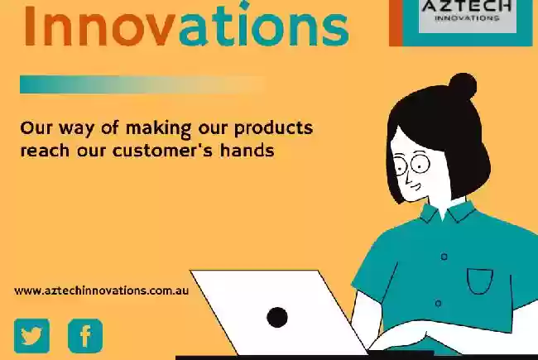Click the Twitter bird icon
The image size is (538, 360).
click(x=32, y=336)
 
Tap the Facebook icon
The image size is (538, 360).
click(x=85, y=336)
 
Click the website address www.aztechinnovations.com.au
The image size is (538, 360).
click(x=102, y=290)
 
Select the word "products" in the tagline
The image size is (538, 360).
click(x=273, y=129)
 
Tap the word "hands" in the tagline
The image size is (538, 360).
click(x=247, y=150)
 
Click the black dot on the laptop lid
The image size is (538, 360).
click(x=277, y=318)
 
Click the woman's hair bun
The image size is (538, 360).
click(x=463, y=86)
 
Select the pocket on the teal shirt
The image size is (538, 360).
click(x=480, y=281)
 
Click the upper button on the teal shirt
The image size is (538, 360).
click(x=444, y=257)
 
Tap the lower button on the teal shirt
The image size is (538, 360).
click(x=438, y=304)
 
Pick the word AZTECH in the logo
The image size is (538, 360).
click(x=467, y=6)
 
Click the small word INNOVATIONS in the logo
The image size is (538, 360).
click(x=467, y=17)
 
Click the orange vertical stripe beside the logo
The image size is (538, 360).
click(x=396, y=22)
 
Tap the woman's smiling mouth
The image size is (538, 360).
click(x=416, y=188)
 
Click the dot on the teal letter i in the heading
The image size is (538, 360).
click(x=245, y=6)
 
